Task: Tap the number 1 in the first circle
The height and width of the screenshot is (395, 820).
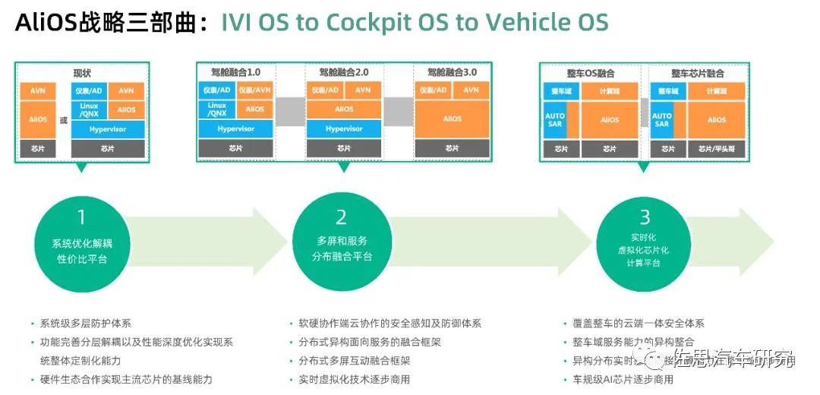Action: tap(81, 218)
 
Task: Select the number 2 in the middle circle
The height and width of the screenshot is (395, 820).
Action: tap(341, 218)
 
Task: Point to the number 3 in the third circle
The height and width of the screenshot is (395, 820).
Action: tap(645, 218)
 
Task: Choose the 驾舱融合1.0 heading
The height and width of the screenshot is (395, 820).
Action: tap(235, 73)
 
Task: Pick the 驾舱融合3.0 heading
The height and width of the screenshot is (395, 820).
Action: tap(452, 73)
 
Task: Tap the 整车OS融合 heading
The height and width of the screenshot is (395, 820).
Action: tap(590, 74)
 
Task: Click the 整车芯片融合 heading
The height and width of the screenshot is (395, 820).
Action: tap(697, 74)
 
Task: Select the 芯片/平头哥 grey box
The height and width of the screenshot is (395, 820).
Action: tap(717, 149)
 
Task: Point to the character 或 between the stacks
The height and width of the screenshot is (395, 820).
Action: tap(63, 119)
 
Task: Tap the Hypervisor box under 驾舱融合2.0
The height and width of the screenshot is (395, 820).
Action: tap(343, 129)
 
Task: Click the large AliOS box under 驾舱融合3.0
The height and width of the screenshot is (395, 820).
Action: tap(452, 119)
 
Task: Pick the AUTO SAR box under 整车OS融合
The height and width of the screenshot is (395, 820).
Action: tap(555, 119)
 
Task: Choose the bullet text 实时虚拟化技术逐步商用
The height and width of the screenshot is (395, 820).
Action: tap(354, 379)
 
